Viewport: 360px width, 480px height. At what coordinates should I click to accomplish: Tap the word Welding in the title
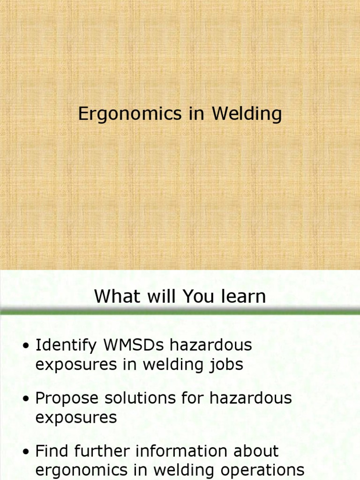(x=247, y=114)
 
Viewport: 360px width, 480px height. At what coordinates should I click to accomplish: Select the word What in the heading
(x=114, y=296)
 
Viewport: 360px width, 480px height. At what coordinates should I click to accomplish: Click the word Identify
(x=66, y=345)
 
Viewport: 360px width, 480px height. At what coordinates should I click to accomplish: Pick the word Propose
(x=67, y=399)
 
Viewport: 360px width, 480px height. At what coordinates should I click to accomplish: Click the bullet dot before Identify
(x=26, y=346)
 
